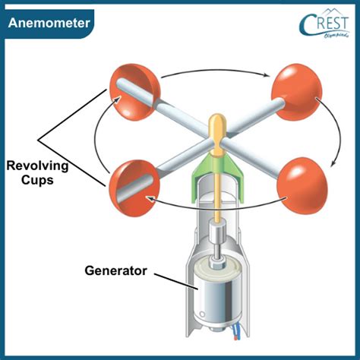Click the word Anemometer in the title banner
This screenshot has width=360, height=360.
click(x=50, y=23)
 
